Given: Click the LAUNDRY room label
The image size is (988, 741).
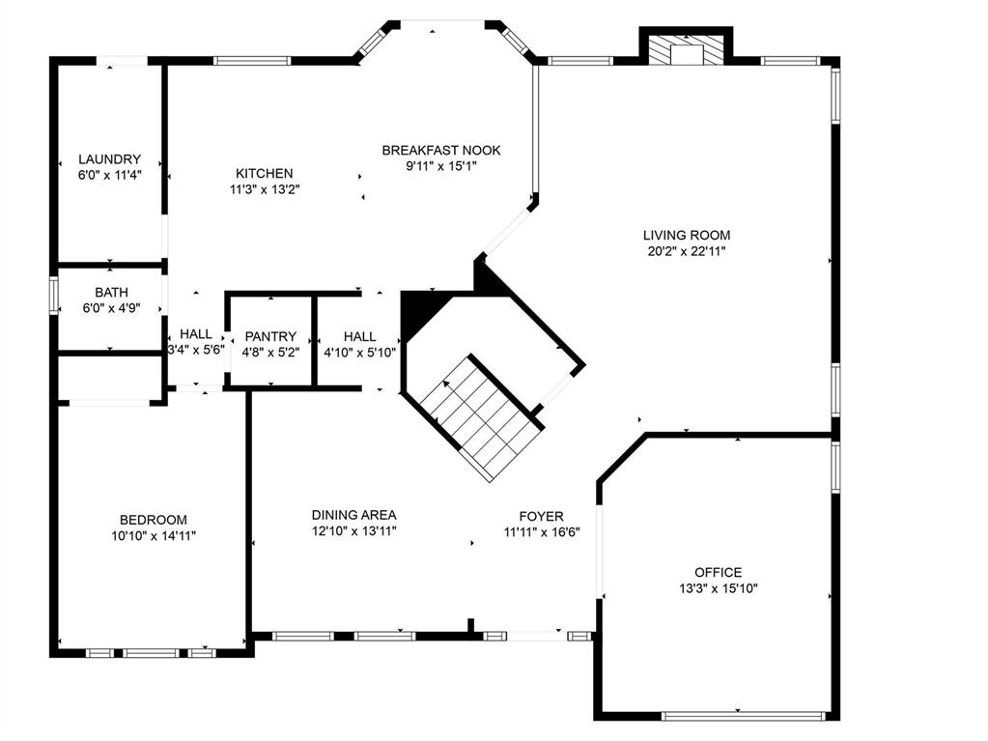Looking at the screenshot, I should tap(109, 159).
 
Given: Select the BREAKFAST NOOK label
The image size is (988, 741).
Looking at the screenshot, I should tap(440, 150).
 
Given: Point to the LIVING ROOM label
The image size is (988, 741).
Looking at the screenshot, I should tap(687, 235).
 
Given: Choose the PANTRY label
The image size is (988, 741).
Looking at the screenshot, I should tap(270, 336).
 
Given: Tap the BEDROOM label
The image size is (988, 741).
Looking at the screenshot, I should tap(153, 519).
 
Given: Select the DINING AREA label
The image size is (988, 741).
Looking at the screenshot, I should tap(353, 515).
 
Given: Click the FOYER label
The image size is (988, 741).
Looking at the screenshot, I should tap(541, 517).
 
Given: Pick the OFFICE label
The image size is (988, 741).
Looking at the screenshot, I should tap(718, 572).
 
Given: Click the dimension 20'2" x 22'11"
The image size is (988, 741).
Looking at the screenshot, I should tap(687, 251).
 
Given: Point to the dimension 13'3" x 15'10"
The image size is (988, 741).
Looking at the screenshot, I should tap(718, 588).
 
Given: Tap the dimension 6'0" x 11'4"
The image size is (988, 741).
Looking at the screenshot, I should tap(109, 176).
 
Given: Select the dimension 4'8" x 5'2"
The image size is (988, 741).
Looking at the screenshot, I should tap(270, 353).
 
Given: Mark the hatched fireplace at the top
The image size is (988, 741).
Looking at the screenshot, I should tap(686, 51).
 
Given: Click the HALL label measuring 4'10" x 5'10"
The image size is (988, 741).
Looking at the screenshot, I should tap(359, 336).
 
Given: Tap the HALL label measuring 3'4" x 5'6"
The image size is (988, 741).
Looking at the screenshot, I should tap(195, 334).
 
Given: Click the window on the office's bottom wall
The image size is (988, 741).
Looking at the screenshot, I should tap(744, 716).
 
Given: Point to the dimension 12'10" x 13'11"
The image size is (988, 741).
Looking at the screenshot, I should tap(353, 530).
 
